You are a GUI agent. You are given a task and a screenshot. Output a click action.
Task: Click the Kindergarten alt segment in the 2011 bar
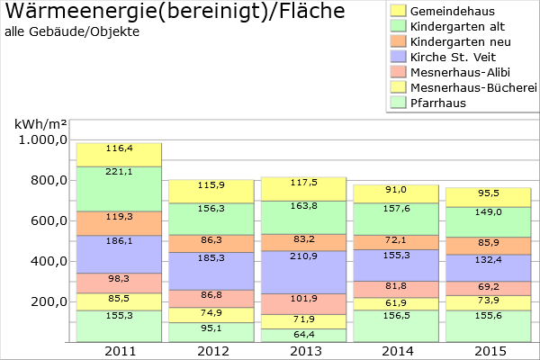pyautogui.click(x=119, y=189)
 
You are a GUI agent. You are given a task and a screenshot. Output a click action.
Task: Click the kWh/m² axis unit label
pyautogui.click(x=40, y=123)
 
